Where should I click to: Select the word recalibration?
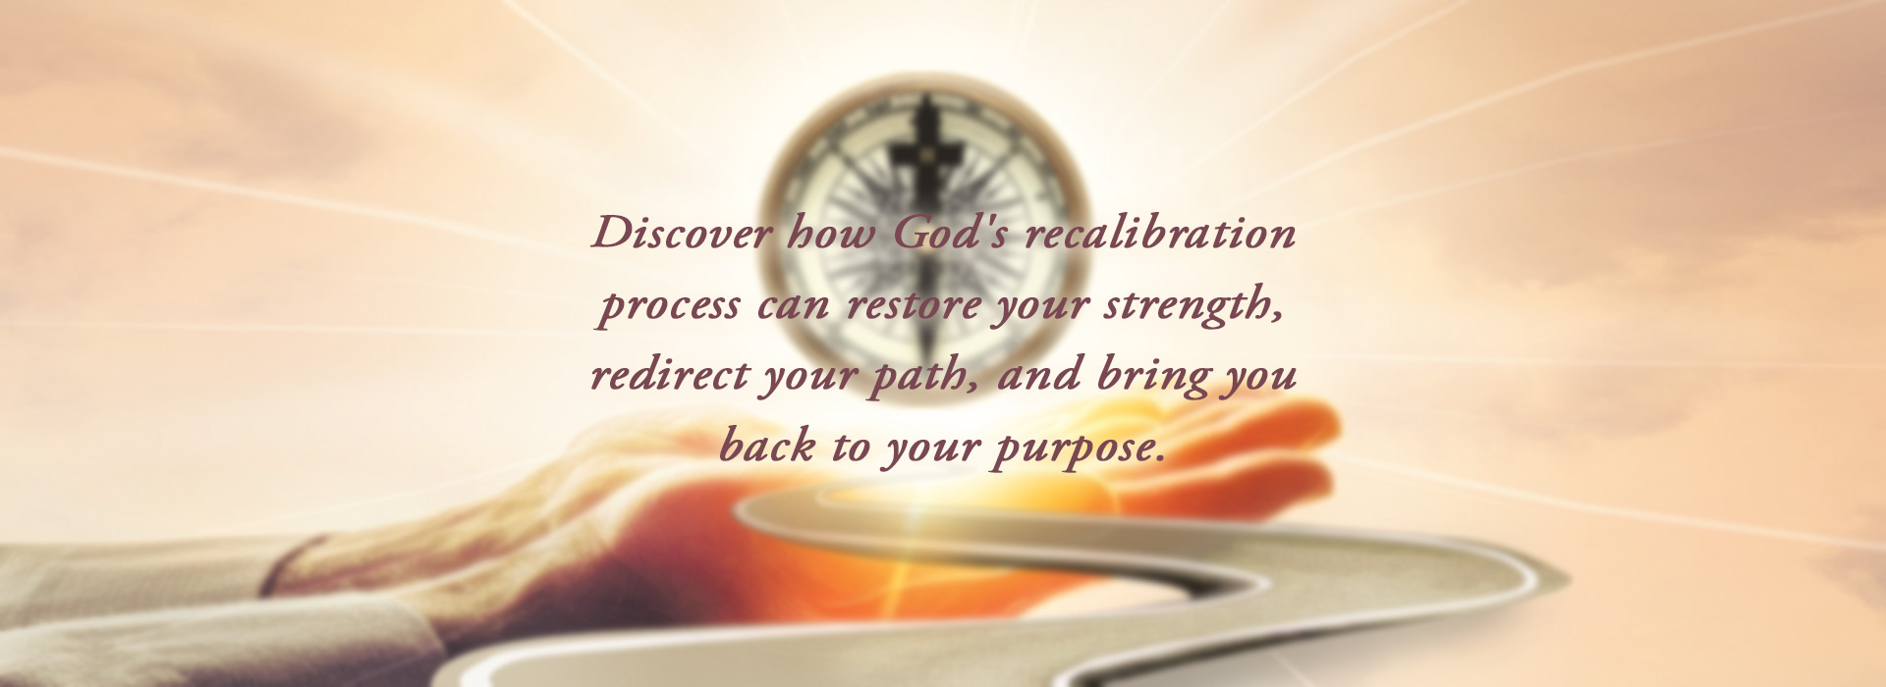click(1161, 234)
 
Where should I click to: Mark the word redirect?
click(670, 375)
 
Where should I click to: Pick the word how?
click(832, 234)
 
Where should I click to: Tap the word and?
click(1040, 375)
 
